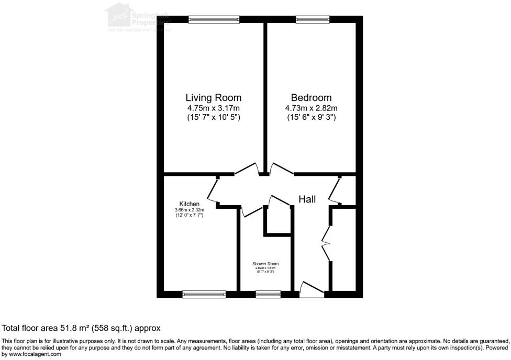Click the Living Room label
[214, 97]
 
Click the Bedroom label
[311, 97]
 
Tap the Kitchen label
[189, 204]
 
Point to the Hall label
[307, 199]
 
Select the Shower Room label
[266, 264]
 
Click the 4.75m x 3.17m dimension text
[214, 108]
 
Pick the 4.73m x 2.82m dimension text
[311, 108]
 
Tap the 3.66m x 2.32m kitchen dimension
[189, 210]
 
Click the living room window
[214, 19]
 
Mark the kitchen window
[204, 295]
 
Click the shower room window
[267, 295]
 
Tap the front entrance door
[312, 289]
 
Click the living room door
[247, 168]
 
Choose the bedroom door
[282, 168]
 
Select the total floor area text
[81, 328]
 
